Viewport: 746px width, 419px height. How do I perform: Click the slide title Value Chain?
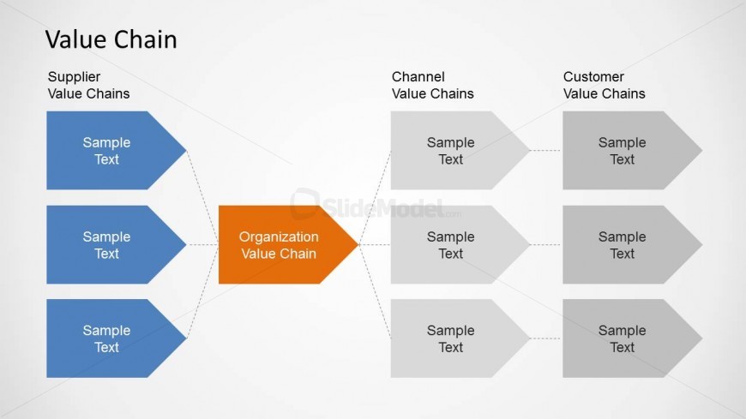pyautogui.click(x=111, y=39)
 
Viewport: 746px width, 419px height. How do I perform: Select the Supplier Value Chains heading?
pyautogui.click(x=88, y=85)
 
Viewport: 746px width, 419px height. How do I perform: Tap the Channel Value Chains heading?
pyautogui.click(x=432, y=85)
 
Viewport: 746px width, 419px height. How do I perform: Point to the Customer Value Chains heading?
pyautogui.click(x=604, y=85)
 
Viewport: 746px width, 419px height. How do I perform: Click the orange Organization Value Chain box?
pyautogui.click(x=280, y=245)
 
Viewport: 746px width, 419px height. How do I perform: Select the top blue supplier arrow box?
pyautogui.click(x=107, y=151)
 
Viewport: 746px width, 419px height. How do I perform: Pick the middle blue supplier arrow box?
pyautogui.click(x=107, y=245)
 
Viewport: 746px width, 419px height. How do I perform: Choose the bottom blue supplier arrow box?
pyautogui.click(x=107, y=338)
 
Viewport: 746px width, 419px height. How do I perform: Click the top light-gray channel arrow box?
pyautogui.click(x=451, y=151)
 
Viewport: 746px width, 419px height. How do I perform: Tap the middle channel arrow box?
pyautogui.click(x=451, y=245)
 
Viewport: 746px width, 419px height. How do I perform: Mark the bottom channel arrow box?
pyautogui.click(x=451, y=338)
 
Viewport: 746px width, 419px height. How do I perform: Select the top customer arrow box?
pyautogui.click(x=623, y=151)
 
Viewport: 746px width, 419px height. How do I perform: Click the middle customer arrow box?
pyautogui.click(x=623, y=245)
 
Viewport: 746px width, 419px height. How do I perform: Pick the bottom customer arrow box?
pyautogui.click(x=623, y=338)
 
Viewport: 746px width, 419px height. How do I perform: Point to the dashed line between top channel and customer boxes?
pyautogui.click(x=546, y=151)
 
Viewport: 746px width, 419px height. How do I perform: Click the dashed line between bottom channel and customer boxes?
pyautogui.click(x=546, y=338)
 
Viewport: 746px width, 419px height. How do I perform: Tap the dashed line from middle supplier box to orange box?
pyautogui.click(x=202, y=245)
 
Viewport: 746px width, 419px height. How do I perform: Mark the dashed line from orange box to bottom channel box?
pyautogui.click(x=375, y=291)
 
